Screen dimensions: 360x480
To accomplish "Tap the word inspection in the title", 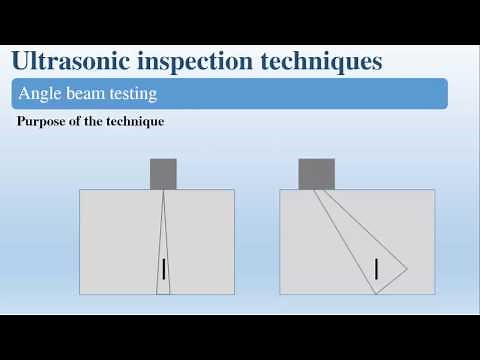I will pos(196,61).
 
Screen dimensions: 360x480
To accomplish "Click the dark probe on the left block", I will pos(163,174).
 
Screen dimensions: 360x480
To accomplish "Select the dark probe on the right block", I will pos(316,174).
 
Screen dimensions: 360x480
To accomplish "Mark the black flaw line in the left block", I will pos(163,268).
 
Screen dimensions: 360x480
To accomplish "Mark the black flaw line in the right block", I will pos(376,268).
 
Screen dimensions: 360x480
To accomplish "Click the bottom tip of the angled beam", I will pos(375,294).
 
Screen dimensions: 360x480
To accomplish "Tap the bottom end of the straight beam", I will pos(163,294).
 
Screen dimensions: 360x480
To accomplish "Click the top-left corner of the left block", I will pos(80,190).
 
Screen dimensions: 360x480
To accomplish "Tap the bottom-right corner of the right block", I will pos(434,294).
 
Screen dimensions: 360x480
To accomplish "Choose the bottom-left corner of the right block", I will pos(280,294).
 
